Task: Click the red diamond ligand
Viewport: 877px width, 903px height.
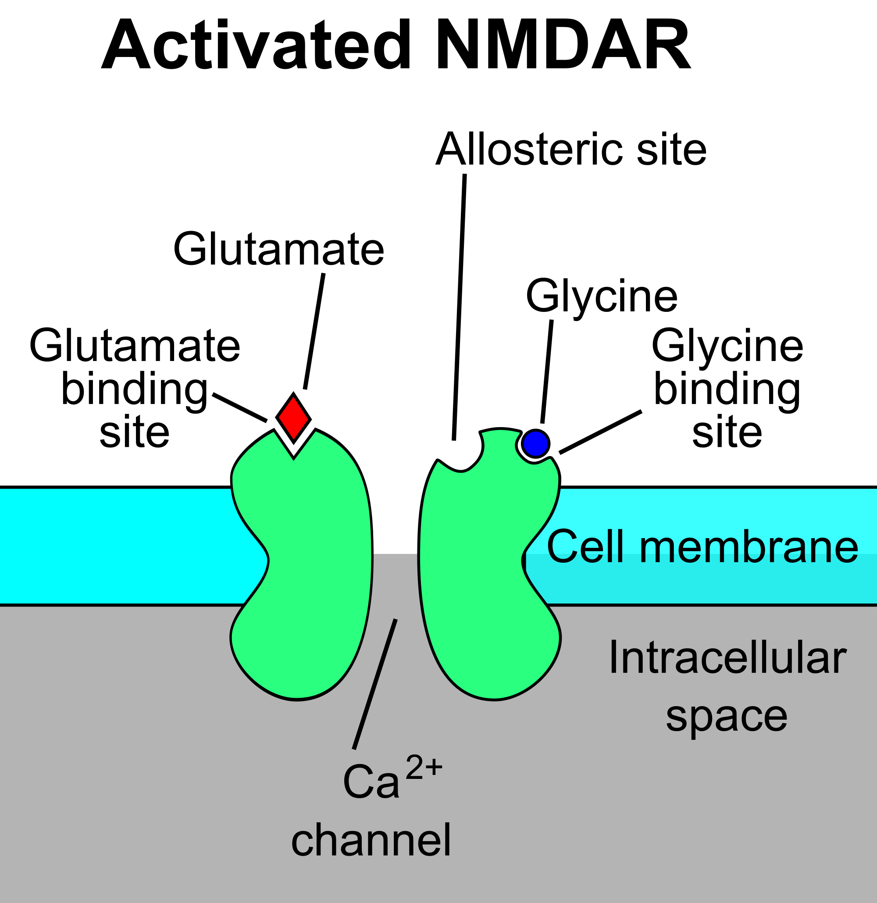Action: point(293,418)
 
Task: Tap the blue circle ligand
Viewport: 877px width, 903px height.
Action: point(535,444)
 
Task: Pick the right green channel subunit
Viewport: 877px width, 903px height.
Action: point(479,553)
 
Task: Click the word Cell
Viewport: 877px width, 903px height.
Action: point(585,546)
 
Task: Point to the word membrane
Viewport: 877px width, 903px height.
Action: point(749,546)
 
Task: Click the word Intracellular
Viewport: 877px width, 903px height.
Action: point(728,657)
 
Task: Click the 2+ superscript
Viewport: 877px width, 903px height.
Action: point(424,767)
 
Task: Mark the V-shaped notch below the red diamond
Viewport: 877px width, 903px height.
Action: point(294,449)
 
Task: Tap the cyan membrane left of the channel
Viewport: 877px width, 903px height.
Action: point(115,546)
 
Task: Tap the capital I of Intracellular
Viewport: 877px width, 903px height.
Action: point(613,657)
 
